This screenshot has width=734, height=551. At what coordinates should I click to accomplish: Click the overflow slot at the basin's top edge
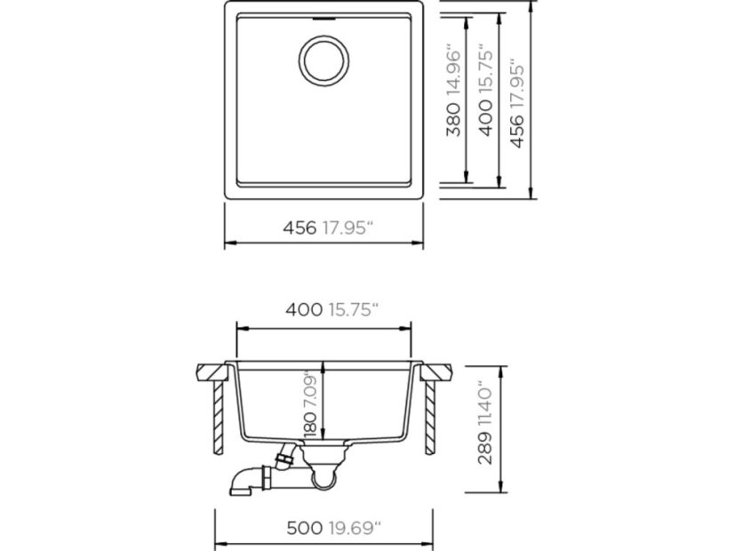pyautogui.click(x=323, y=19)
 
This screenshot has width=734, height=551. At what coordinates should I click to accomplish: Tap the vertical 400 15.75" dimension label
pyautogui.click(x=486, y=91)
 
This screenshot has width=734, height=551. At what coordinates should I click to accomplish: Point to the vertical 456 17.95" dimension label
pyautogui.click(x=517, y=103)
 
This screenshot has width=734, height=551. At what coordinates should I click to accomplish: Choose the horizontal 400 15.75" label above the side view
pyautogui.click(x=331, y=309)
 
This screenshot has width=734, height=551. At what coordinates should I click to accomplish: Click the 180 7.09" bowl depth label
pyautogui.click(x=311, y=403)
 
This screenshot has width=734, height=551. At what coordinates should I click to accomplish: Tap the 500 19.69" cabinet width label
pyautogui.click(x=334, y=529)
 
